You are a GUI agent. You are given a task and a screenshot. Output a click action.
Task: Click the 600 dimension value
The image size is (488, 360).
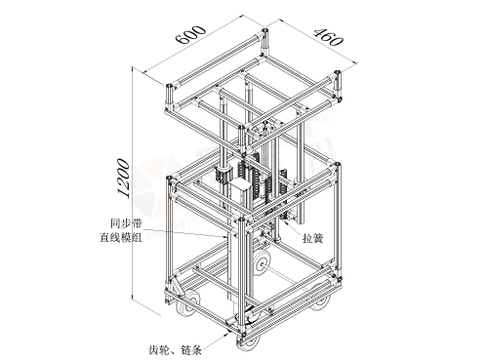point(191,34)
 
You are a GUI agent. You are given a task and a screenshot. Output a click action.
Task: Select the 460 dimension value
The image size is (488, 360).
point(328,37)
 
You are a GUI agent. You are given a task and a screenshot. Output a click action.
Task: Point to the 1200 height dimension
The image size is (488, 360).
point(124,179)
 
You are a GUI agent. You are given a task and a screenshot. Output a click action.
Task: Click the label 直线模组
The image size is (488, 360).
point(121,238)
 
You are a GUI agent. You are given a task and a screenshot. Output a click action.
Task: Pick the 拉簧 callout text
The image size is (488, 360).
point(313,238)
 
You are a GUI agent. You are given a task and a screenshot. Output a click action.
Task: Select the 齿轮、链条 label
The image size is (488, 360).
point(176,350)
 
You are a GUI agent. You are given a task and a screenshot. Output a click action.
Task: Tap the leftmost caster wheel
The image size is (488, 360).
point(187,303)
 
